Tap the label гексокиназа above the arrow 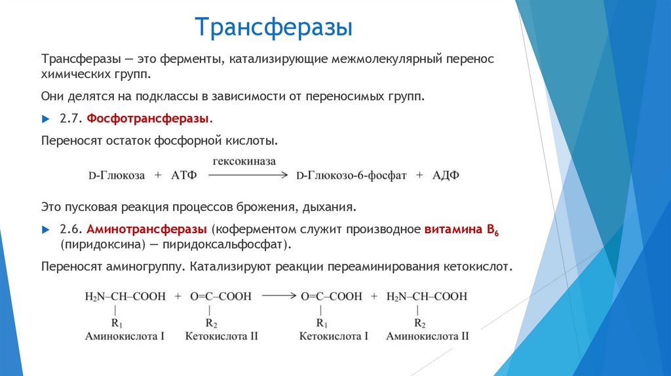(x=243, y=160)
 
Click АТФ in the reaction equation (x=183, y=176)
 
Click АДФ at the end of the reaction (x=446, y=176)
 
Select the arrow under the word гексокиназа (x=248, y=175)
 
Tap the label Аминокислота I (x=125, y=336)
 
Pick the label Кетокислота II (x=221, y=336)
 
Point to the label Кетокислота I (x=334, y=336)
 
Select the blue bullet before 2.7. (x=45, y=119)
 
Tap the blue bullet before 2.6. (x=45, y=230)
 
